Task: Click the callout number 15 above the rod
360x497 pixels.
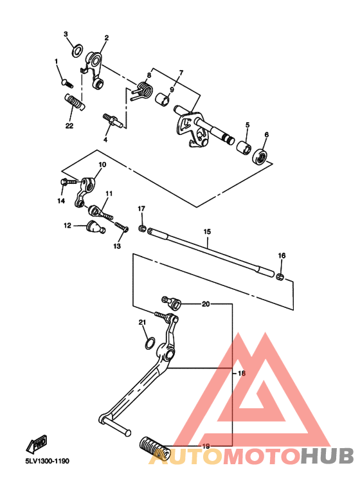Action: pos(207,231)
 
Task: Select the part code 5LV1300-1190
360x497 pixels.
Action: pos(48,461)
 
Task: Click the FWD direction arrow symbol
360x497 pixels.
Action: pos(35,443)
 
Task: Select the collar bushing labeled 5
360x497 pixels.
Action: pos(243,149)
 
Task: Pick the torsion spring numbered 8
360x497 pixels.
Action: pos(143,91)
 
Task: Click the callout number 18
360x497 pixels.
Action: pos(242,373)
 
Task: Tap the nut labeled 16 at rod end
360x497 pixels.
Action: pos(280,276)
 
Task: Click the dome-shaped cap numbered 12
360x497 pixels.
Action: pos(94,226)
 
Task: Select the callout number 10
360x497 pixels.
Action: pos(102,165)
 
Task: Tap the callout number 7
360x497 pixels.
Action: pos(181,73)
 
